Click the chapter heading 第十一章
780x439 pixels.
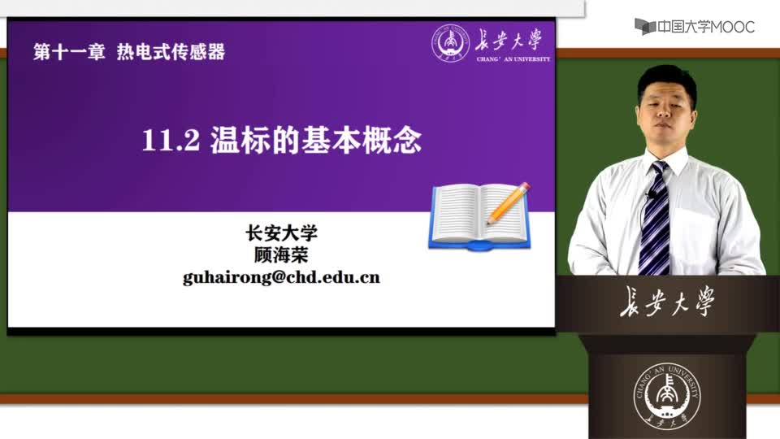pyautogui.click(x=69, y=52)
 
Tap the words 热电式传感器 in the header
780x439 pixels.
pyautogui.click(x=171, y=52)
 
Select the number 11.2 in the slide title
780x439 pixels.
pyautogui.click(x=171, y=141)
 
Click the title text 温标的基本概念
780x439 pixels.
pyautogui.click(x=316, y=140)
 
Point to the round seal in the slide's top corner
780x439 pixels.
pyautogui.click(x=450, y=43)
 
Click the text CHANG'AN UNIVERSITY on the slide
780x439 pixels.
pyautogui.click(x=513, y=59)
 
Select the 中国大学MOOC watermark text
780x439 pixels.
pyautogui.click(x=706, y=27)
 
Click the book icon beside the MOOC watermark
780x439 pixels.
pyautogui.click(x=644, y=26)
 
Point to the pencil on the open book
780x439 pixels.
pyautogui.click(x=508, y=203)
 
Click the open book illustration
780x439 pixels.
pyautogui.click(x=479, y=216)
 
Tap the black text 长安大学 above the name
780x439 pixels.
pyautogui.click(x=282, y=233)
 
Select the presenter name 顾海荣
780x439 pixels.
pyautogui.click(x=281, y=254)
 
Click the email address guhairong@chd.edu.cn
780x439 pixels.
pyautogui.click(x=281, y=277)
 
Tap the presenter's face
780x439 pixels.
pyautogui.click(x=665, y=114)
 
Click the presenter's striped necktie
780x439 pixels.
pyautogui.click(x=655, y=219)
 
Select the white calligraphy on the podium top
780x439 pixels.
pyautogui.click(x=667, y=301)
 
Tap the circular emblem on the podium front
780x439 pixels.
pyautogui.click(x=666, y=396)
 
